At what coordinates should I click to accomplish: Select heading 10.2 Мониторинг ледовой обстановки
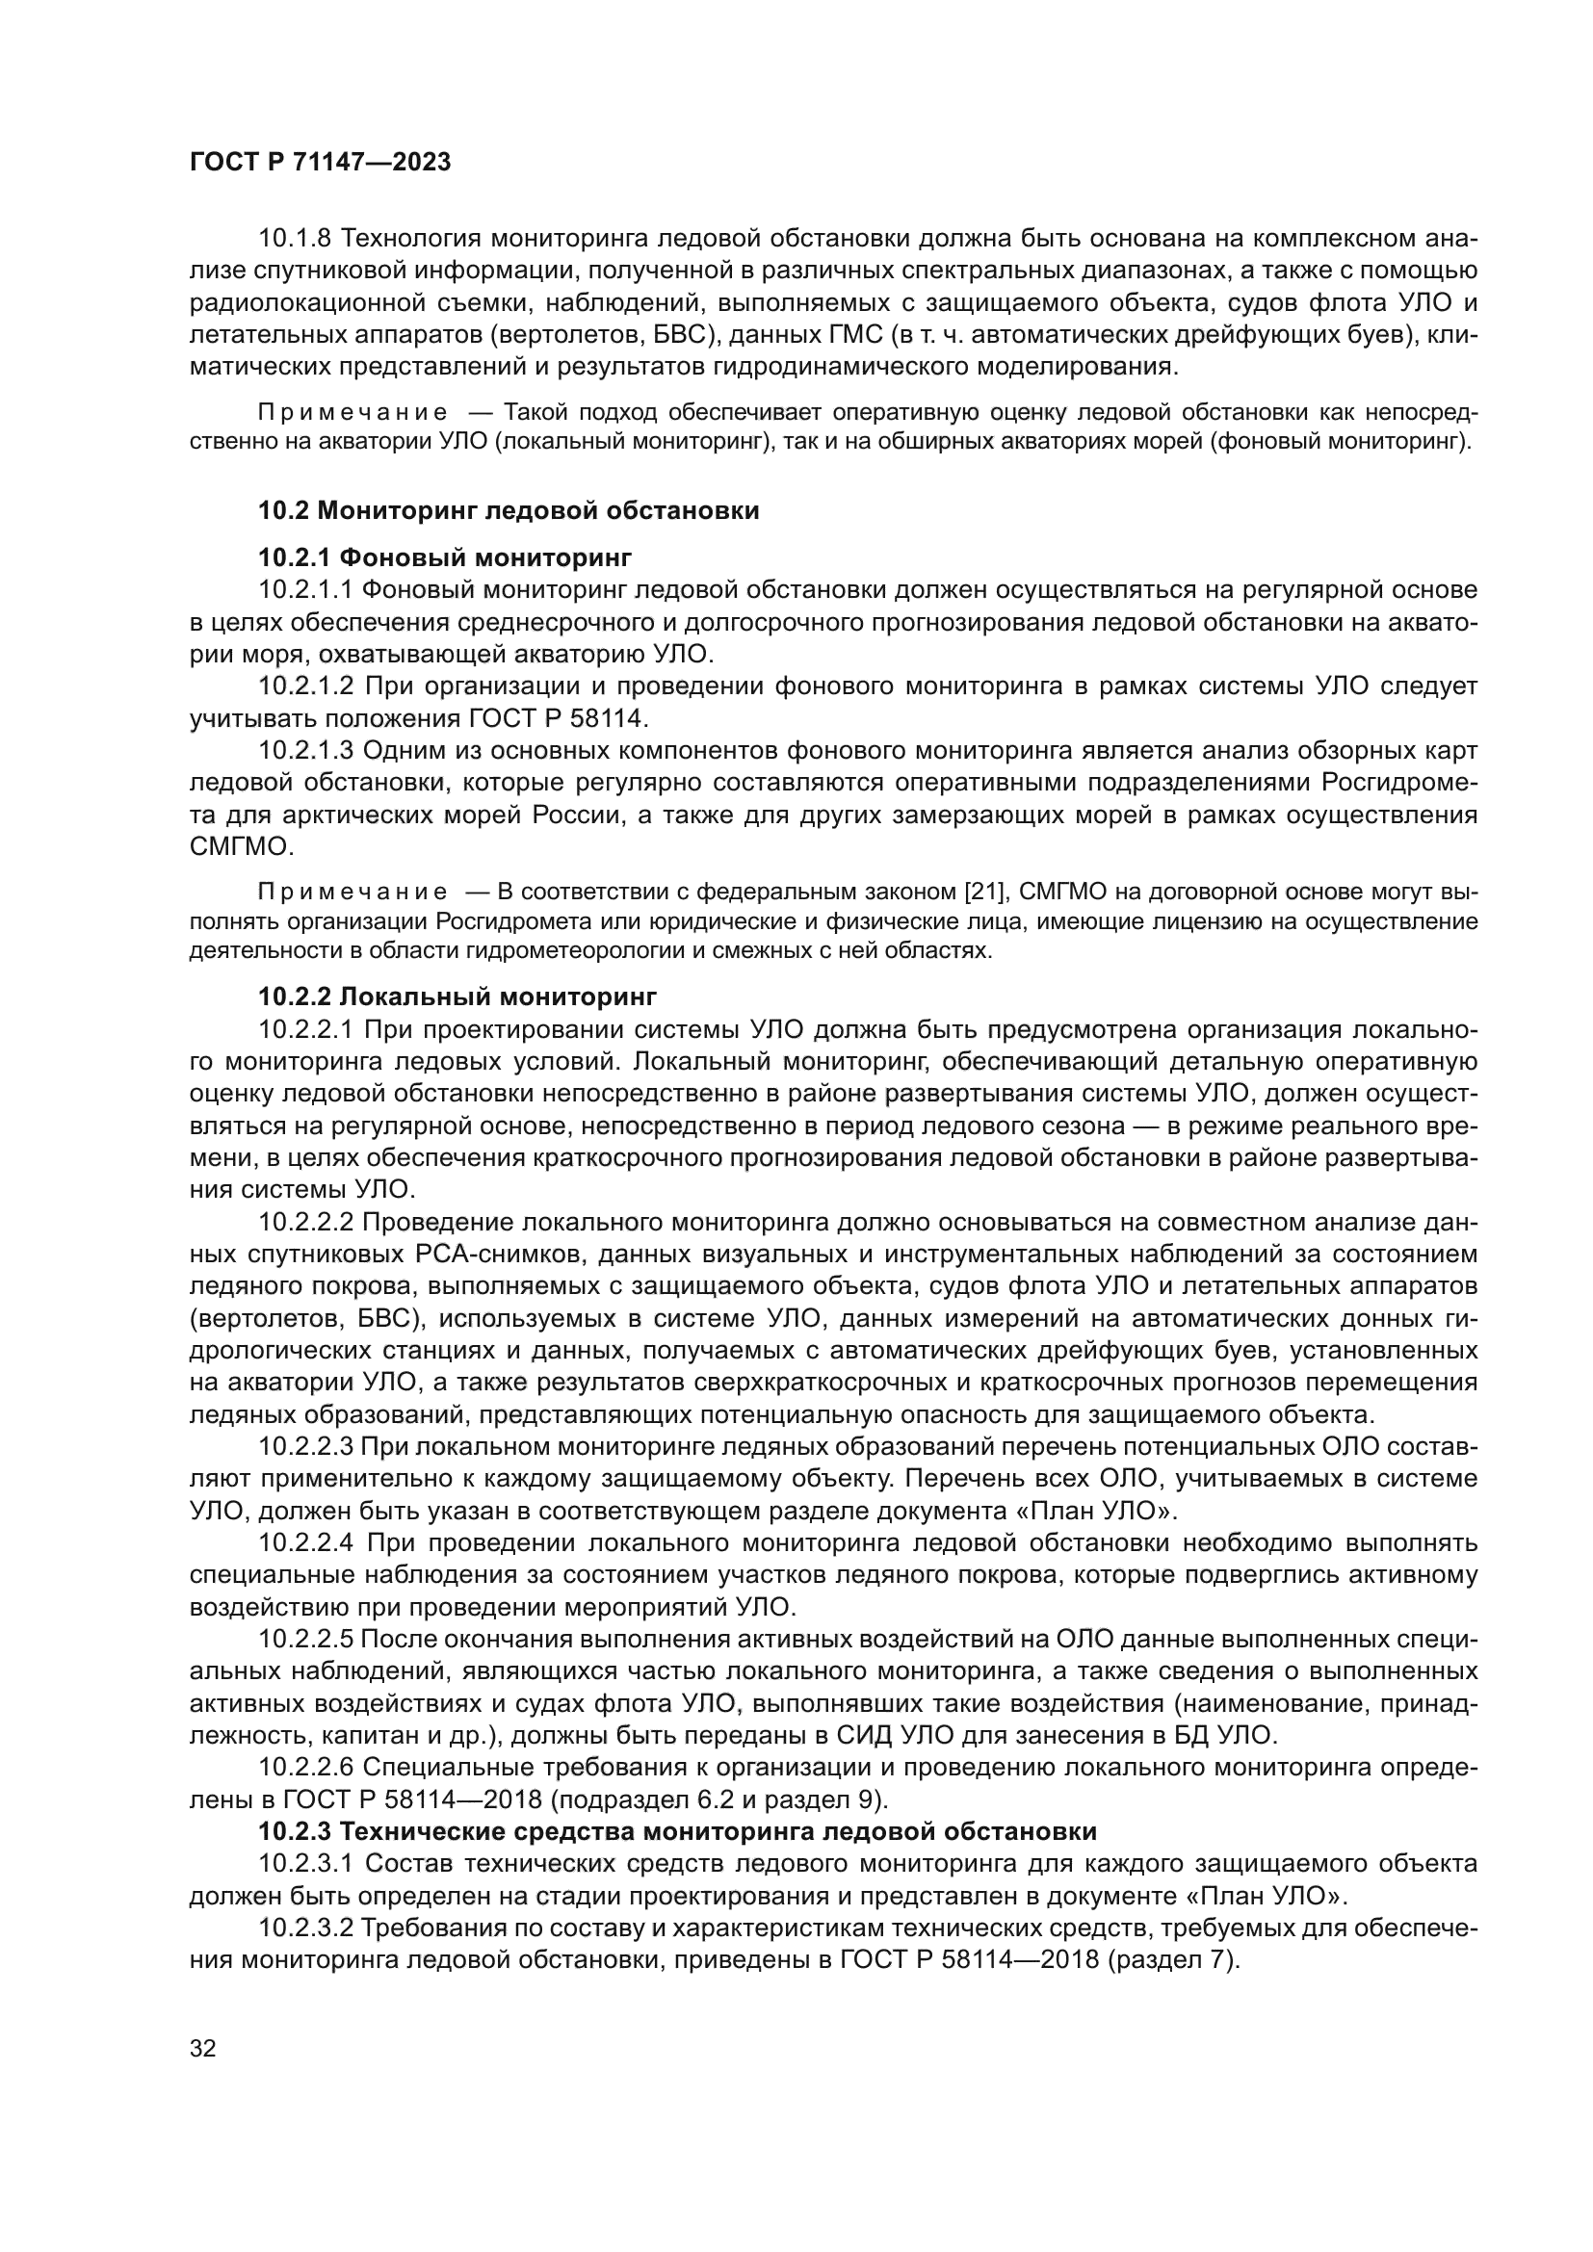click(x=509, y=510)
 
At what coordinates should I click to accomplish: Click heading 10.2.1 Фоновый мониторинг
click(x=444, y=558)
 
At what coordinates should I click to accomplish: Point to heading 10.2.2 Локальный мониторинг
click(x=457, y=997)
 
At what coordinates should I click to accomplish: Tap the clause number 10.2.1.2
click(x=306, y=686)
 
